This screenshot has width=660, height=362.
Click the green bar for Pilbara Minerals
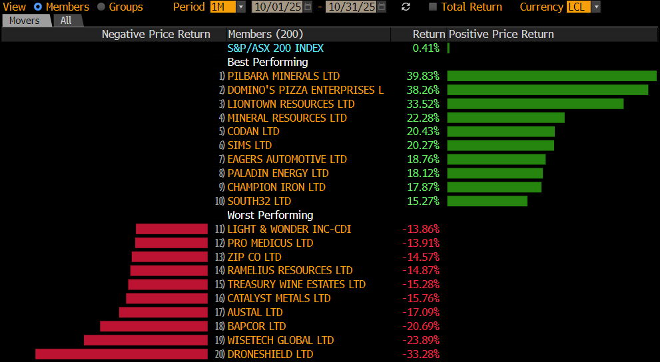(x=551, y=76)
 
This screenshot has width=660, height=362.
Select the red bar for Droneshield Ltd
(x=121, y=354)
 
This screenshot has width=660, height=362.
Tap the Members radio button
(x=37, y=7)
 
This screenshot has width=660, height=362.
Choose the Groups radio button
(x=101, y=7)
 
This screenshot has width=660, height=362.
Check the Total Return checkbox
(x=433, y=7)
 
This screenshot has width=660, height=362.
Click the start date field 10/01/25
(x=277, y=7)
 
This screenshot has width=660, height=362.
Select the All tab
(x=66, y=21)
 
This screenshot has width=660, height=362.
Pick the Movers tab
(x=25, y=21)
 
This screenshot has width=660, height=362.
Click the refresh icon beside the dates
(x=406, y=7)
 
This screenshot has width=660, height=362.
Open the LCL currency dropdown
(x=583, y=7)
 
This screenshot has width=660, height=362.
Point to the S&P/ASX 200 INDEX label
(x=275, y=48)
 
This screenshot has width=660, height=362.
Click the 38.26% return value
(x=423, y=90)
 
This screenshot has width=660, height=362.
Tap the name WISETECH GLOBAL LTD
(x=280, y=340)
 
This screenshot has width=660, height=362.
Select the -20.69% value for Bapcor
(x=421, y=326)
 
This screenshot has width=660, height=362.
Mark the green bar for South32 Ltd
(x=487, y=201)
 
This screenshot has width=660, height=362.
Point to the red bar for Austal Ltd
(x=163, y=312)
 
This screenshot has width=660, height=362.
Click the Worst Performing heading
(x=270, y=215)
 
